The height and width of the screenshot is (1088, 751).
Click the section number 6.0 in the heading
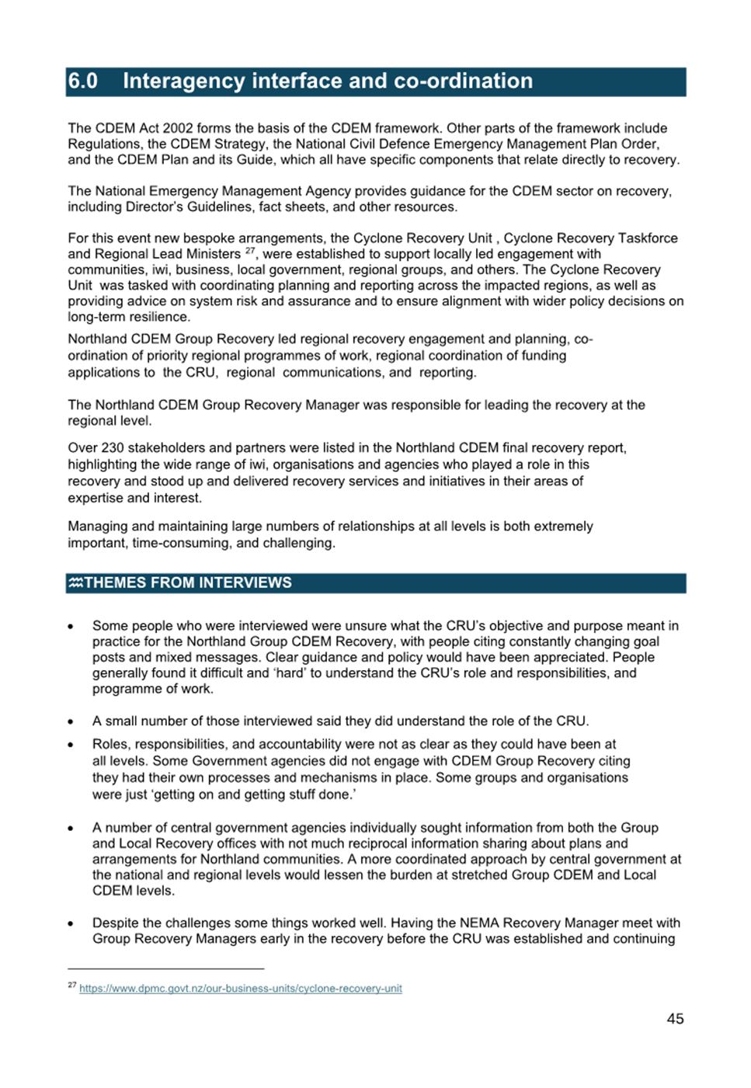pyautogui.click(x=83, y=82)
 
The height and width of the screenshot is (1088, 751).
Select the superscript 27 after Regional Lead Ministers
pyautogui.click(x=250, y=251)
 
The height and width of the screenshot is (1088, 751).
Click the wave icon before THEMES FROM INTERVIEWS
pyautogui.click(x=75, y=583)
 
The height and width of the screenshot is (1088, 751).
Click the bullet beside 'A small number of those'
pyautogui.click(x=71, y=721)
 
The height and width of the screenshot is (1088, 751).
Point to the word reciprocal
pyautogui.click(x=366, y=843)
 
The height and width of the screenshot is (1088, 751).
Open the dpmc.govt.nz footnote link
pyautogui.click(x=241, y=989)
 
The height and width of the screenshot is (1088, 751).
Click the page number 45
pyautogui.click(x=675, y=1019)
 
